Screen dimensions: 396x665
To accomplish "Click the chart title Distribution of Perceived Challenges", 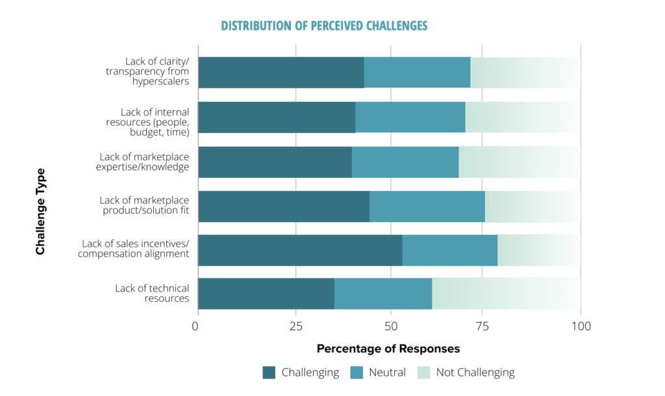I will coord(324,26).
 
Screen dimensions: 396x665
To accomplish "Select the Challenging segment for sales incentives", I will coord(300,251).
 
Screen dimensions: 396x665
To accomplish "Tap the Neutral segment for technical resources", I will coord(383,293).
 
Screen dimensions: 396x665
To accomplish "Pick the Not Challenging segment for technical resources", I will coord(506,293).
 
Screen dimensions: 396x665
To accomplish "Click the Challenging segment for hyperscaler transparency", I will coord(281,73).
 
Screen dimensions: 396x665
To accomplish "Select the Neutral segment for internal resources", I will coord(410,118).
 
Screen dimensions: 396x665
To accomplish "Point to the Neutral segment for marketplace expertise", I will coord(405,162).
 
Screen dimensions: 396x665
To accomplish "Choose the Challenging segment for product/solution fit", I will coord(284,206).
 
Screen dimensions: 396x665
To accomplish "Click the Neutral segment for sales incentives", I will coord(450,251).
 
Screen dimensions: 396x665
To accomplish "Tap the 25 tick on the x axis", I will coord(295,326).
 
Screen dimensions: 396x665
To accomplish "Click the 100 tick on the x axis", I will coord(581,326).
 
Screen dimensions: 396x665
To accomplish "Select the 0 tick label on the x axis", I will coord(195,326).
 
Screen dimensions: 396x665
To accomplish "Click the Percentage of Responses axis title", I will coord(388,349).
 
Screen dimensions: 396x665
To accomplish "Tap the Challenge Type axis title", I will coord(41,212).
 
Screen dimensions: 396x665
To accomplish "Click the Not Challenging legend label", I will coord(475,373).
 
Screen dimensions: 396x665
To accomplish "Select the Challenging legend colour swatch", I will coord(269,373).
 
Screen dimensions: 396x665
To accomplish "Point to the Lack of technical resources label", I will coord(152,293).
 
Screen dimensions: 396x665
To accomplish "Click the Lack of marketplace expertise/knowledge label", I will coord(144,162).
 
